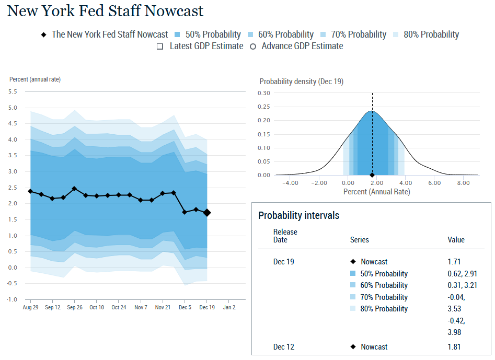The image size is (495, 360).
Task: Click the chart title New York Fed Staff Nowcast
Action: pyautogui.click(x=105, y=11)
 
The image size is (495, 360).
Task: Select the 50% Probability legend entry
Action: pyautogui.click(x=208, y=34)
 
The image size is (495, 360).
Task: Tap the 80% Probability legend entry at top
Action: pyautogui.click(x=425, y=34)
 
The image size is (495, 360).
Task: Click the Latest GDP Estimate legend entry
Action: pyautogui.click(x=201, y=46)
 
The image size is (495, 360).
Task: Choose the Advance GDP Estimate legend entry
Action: pyautogui.click(x=296, y=46)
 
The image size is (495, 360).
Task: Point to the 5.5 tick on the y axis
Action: pyautogui.click(x=13, y=91)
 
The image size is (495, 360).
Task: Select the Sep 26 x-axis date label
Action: pyautogui.click(x=75, y=307)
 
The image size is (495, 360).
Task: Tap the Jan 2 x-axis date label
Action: pyautogui.click(x=229, y=307)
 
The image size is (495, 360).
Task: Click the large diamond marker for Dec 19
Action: pyautogui.click(x=207, y=213)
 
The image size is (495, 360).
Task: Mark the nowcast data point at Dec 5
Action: pyautogui.click(x=185, y=212)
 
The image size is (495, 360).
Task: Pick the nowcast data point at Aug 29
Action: pyautogui.click(x=30, y=191)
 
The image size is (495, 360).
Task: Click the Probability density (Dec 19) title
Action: pyautogui.click(x=301, y=82)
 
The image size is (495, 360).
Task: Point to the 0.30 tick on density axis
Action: pyautogui.click(x=264, y=93)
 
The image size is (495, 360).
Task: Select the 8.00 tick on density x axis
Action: pyautogui.click(x=463, y=183)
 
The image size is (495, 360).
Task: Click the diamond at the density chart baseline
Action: pyautogui.click(x=372, y=175)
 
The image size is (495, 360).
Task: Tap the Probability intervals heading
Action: pyautogui.click(x=298, y=215)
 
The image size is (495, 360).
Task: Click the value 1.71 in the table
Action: pyautogui.click(x=454, y=262)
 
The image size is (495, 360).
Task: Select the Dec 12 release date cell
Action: pyautogui.click(x=283, y=347)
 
